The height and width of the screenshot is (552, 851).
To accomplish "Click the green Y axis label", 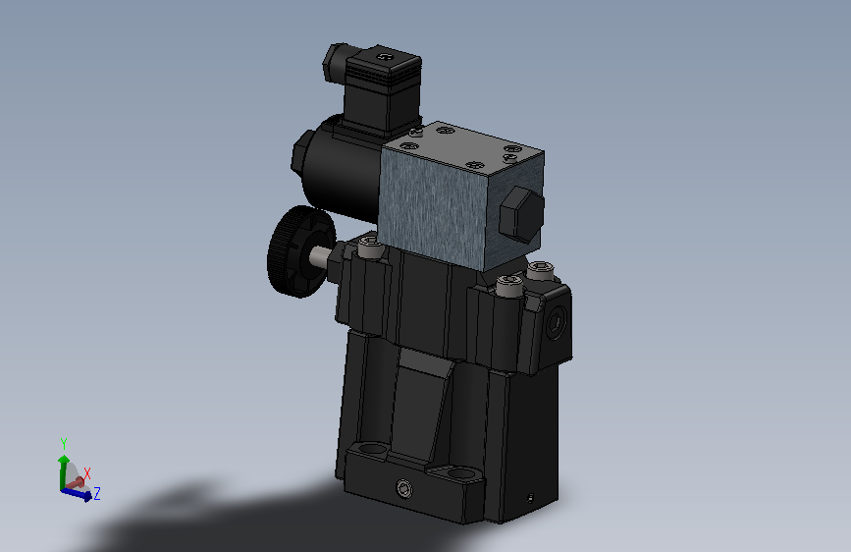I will coord(63,442).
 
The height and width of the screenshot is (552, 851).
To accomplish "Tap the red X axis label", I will coord(87,472).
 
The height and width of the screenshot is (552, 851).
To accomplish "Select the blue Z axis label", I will coord(98,493).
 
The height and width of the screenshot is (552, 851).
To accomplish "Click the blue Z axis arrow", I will coord(82,495).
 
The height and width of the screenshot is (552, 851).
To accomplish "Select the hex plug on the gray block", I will coord(520,215).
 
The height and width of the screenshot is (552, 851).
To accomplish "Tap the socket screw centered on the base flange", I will coord(405,489).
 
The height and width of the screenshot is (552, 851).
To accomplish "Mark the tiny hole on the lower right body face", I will coord(531,496).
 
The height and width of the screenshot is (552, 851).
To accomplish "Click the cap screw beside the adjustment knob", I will coord(369,248).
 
